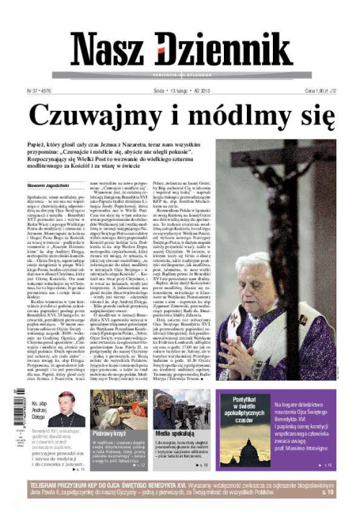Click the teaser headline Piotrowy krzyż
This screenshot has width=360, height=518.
[110, 434]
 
